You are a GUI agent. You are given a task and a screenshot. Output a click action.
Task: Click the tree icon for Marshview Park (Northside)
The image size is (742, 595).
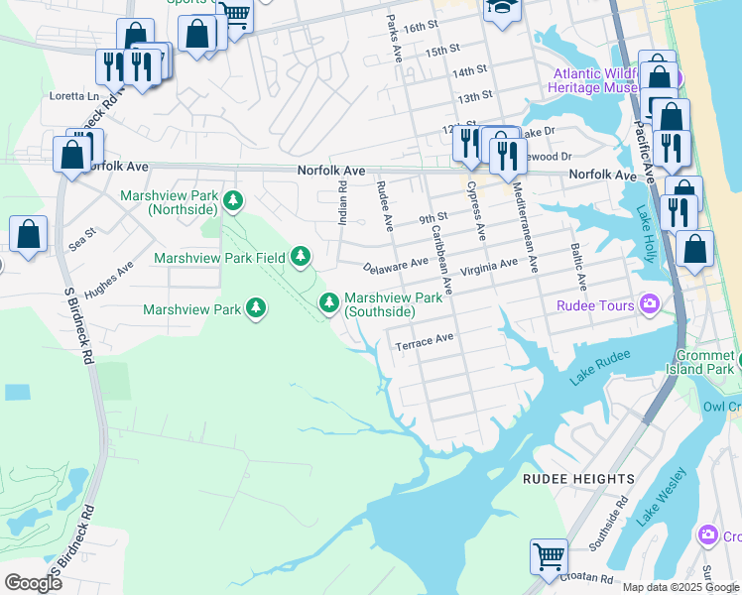(233, 201)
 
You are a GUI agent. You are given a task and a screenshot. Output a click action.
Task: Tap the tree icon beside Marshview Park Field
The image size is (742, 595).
(301, 258)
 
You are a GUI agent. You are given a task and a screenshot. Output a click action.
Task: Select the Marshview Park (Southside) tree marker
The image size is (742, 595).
(328, 301)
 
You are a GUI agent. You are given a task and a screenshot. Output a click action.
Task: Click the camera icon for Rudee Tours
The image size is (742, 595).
(650, 304)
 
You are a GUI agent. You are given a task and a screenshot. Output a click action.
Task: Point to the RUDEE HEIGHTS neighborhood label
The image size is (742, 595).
(578, 479)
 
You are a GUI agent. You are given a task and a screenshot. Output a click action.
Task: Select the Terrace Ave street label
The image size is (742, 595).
(425, 339)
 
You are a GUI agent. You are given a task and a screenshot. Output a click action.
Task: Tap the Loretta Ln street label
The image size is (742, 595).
(74, 96)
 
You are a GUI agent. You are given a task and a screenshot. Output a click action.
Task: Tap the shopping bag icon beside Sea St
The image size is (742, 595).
(29, 235)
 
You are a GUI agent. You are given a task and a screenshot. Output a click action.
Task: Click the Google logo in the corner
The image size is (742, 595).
(33, 582)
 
